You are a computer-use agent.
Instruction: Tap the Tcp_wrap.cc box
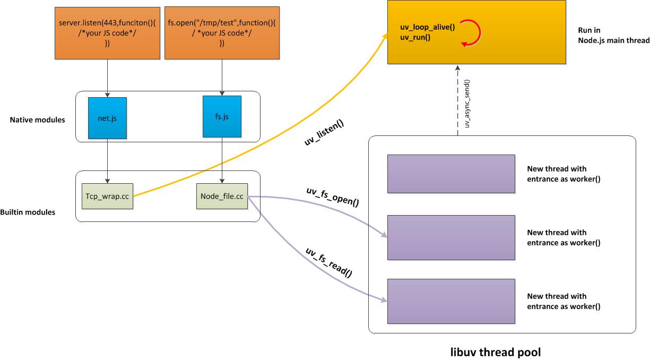(108, 196)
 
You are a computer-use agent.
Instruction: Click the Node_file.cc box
(222, 196)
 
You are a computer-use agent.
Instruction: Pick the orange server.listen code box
(108, 33)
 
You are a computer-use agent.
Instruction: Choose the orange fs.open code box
(221, 33)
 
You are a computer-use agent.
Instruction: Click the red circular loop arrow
(470, 33)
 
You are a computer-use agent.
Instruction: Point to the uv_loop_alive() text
(428, 28)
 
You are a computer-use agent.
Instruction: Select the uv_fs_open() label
(333, 196)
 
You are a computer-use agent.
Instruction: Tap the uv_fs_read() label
(329, 262)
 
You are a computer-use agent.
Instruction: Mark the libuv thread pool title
(496, 352)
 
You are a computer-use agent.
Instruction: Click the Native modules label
(37, 120)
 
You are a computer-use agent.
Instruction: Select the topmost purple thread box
(451, 174)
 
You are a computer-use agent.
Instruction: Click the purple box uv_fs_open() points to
(451, 237)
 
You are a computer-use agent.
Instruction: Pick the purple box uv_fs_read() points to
(451, 301)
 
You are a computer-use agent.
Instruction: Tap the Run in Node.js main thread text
(613, 36)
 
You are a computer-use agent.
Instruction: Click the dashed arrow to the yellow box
(457, 101)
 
